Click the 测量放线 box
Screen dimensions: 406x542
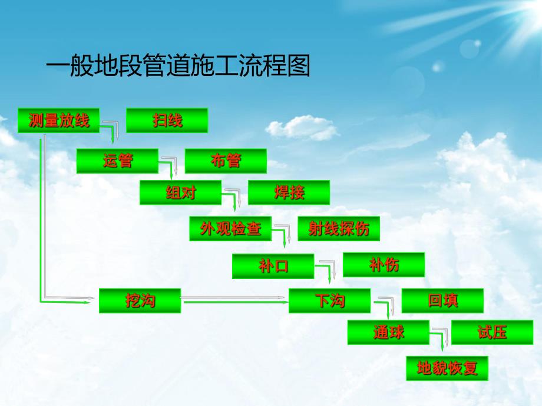pos(59,121)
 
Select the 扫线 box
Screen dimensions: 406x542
pos(167,121)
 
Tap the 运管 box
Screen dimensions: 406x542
pos(117,161)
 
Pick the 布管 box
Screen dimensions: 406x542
pos(226,161)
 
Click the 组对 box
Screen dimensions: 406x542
pos(180,192)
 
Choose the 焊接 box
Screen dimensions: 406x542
pos(289,192)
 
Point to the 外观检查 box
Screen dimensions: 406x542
pos(230,229)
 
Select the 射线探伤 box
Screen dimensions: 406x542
pos(339,229)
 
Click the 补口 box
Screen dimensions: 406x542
pos(273,266)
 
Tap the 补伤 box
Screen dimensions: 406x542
pos(384,265)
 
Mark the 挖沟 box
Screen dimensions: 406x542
pos(140,301)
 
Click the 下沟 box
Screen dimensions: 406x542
pos(329,301)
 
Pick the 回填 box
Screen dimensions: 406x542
pos(442,301)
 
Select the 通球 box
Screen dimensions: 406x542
pos(388,332)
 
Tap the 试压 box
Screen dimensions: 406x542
pos(492,332)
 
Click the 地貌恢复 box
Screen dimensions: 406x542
pos(447,368)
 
